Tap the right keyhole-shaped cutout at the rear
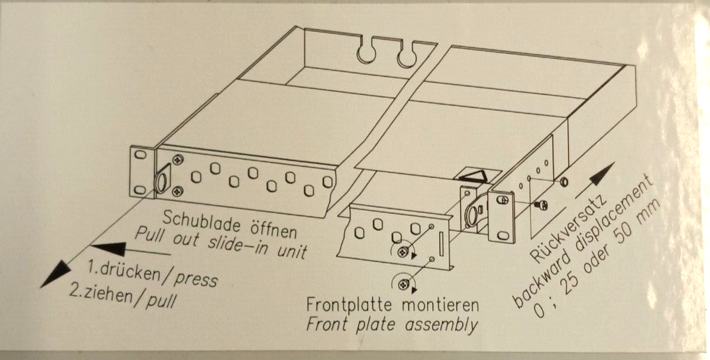coord(406,53)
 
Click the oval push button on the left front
coord(161,180)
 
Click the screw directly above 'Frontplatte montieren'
coord(402,284)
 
